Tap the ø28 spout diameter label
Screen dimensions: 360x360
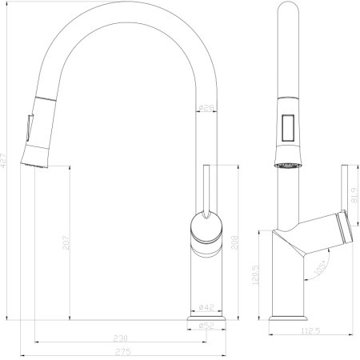pos(205,108)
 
